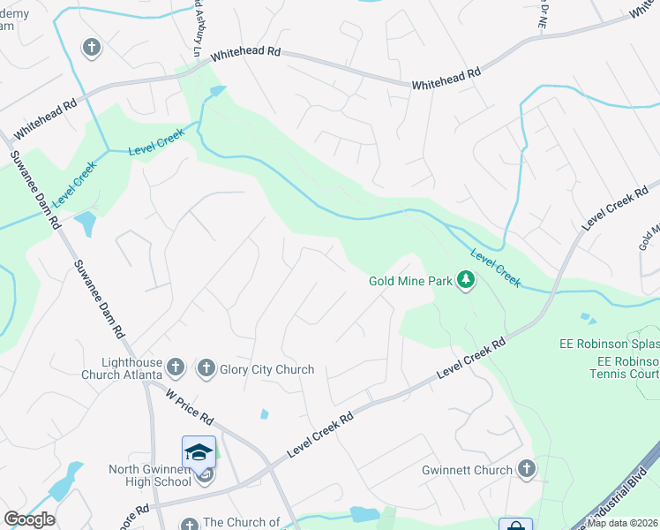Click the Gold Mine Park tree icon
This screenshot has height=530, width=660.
(x=466, y=282)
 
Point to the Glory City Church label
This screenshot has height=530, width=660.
(x=266, y=369)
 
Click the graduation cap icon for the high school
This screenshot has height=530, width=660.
(x=199, y=452)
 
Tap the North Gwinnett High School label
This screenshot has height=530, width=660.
(x=150, y=475)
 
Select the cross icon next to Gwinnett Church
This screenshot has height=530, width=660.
(x=527, y=469)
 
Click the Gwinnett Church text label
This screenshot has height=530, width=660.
(x=467, y=470)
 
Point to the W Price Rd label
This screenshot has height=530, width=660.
(x=189, y=404)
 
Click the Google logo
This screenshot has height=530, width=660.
(x=29, y=519)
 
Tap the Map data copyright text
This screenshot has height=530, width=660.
(x=623, y=523)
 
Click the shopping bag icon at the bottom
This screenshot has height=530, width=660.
(x=515, y=526)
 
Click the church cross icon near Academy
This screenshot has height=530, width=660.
(x=92, y=48)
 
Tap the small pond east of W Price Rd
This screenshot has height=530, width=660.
(x=264, y=413)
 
